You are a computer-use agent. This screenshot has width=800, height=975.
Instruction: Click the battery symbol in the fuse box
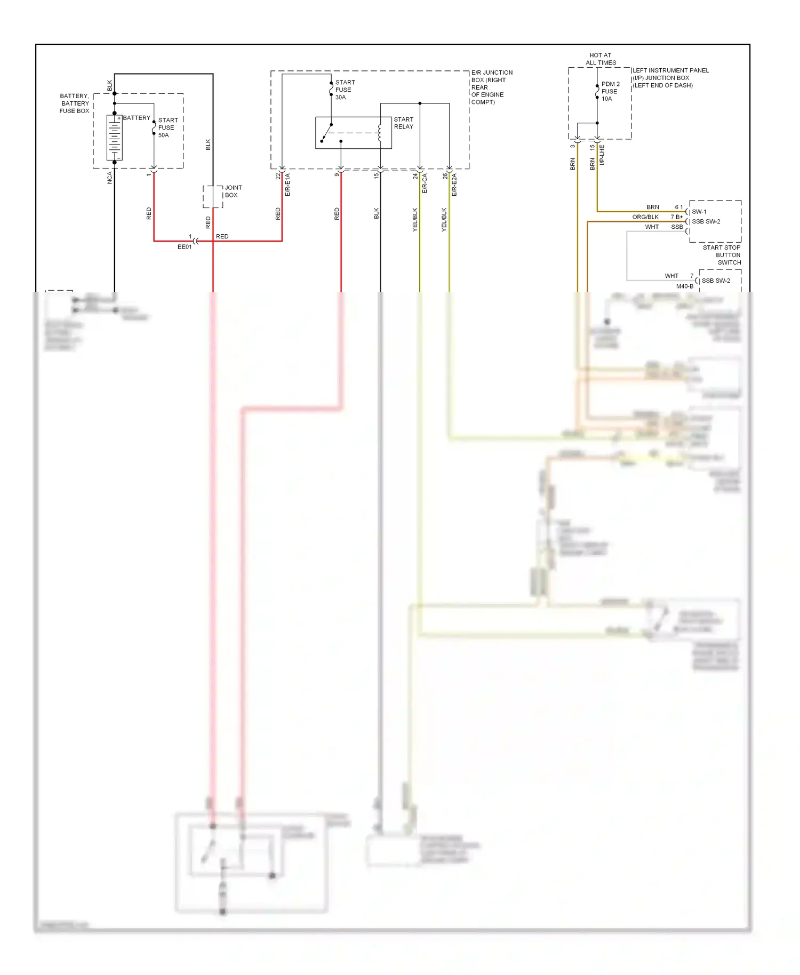pyautogui.click(x=115, y=138)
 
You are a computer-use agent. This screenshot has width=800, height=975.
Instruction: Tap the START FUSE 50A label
pyautogui.click(x=167, y=128)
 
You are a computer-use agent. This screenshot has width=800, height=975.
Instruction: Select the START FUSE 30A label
pyautogui.click(x=345, y=90)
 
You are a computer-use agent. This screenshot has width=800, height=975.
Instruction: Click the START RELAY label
pyautogui.click(x=404, y=123)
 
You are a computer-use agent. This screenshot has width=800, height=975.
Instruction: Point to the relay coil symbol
pyautogui.click(x=380, y=133)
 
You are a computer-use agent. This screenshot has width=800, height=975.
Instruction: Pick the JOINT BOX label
pyautogui.click(x=233, y=191)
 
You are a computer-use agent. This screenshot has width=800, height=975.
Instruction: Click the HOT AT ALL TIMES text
pyautogui.click(x=601, y=59)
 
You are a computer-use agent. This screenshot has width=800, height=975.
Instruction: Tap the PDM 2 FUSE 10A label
pyautogui.click(x=610, y=91)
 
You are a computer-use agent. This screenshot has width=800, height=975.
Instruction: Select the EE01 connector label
pyautogui.click(x=185, y=247)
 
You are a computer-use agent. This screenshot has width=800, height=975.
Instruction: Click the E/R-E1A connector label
pyautogui.click(x=287, y=185)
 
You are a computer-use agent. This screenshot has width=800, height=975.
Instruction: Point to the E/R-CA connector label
pyautogui.click(x=425, y=183)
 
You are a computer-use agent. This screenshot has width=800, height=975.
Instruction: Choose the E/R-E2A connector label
pyautogui.click(x=454, y=185)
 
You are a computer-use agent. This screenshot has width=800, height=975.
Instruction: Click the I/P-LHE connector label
pyautogui.click(x=602, y=155)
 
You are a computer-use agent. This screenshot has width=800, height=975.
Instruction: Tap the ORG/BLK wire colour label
pyautogui.click(x=645, y=217)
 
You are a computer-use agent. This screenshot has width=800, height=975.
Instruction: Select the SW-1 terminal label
pyautogui.click(x=699, y=212)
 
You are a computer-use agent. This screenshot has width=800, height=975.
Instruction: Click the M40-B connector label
pyautogui.click(x=685, y=286)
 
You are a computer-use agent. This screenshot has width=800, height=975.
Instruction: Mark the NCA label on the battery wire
pyautogui.click(x=110, y=178)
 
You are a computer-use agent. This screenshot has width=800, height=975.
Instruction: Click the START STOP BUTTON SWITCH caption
pyautogui.click(x=722, y=255)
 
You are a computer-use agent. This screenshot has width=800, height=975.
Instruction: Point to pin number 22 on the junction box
pyautogui.click(x=278, y=176)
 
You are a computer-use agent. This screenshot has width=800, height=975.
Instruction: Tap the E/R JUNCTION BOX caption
pyautogui.click(x=491, y=87)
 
